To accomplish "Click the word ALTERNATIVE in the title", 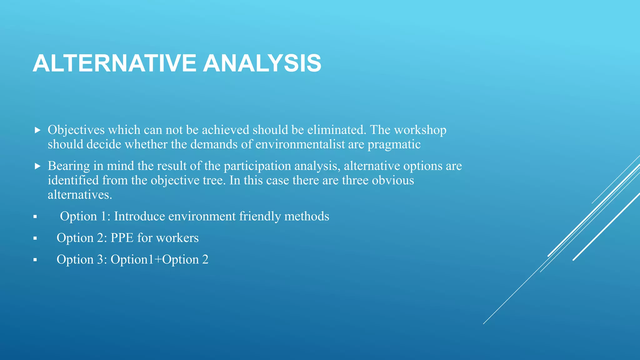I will pyautogui.click(x=114, y=63).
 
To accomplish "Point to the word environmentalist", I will pyautogui.click(x=309, y=145).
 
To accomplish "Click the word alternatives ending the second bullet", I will pyautogui.click(x=79, y=195).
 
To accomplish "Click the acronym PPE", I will pyautogui.click(x=122, y=238).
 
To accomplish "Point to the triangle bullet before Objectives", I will pyautogui.click(x=37, y=130).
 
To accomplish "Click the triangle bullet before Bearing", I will pyautogui.click(x=37, y=166).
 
